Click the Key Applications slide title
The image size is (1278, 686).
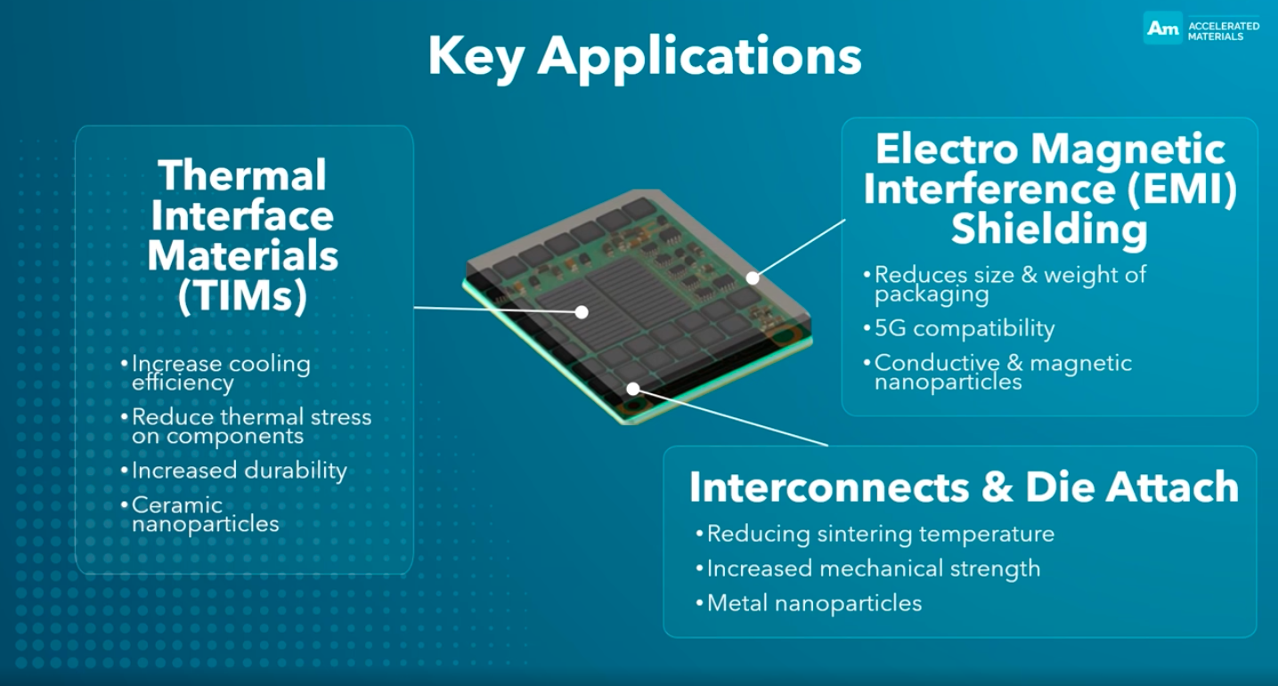click(645, 57)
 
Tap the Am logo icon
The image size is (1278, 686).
click(1163, 28)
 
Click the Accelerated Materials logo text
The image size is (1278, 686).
click(1224, 31)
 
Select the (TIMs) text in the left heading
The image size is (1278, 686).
click(242, 296)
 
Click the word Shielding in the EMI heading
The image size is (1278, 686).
click(1049, 229)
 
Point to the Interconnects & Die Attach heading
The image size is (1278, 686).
click(964, 488)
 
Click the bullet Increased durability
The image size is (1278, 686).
click(234, 471)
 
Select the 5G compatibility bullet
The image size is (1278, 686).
click(960, 328)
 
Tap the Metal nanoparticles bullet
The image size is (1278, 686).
click(809, 603)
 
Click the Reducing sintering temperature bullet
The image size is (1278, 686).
click(875, 535)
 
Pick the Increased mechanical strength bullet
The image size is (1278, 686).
click(868, 569)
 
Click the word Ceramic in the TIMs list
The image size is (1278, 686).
click(177, 505)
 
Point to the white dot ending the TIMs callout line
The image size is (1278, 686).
click(582, 312)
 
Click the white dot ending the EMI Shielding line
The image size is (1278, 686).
click(753, 278)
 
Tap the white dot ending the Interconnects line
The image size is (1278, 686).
click(632, 389)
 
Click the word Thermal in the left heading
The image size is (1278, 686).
click(242, 175)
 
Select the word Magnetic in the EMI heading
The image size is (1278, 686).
click(1128, 149)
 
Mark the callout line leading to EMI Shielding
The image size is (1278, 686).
click(800, 249)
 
